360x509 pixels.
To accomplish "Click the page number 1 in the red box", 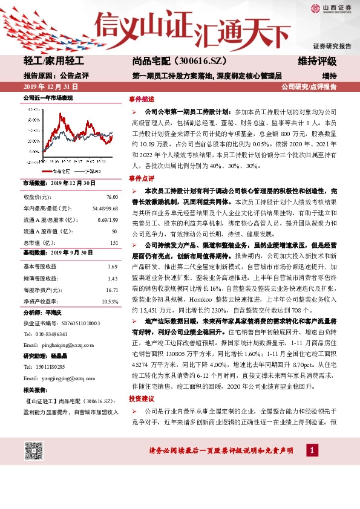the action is pyautogui.click(x=312, y=450).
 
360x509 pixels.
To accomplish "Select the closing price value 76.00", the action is pyautogui.click(x=112, y=197).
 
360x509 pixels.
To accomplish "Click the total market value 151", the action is pyautogui.click(x=113, y=242).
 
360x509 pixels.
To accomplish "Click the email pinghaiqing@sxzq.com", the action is pyautogui.click(x=67, y=344).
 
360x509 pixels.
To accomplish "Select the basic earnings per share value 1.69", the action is pyautogui.click(x=112, y=267).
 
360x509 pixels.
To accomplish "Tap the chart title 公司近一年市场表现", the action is pyautogui.click(x=48, y=97).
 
